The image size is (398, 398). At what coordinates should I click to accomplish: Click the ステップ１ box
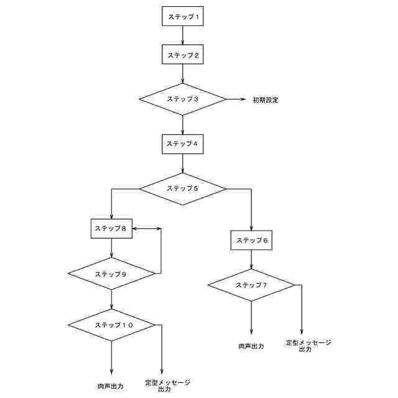[x=182, y=16]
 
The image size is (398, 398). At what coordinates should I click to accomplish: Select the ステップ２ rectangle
[x=182, y=55]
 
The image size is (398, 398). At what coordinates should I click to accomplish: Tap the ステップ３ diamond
[x=182, y=99]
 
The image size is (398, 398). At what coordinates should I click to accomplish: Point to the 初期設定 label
[x=265, y=99]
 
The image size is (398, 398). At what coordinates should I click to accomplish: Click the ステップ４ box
[x=182, y=144]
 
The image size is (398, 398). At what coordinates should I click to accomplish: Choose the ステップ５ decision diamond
[x=182, y=188]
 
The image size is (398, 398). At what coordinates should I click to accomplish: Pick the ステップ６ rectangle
[x=251, y=240]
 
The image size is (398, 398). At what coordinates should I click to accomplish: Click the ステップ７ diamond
[x=251, y=285]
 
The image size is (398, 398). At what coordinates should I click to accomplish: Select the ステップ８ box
[x=111, y=229]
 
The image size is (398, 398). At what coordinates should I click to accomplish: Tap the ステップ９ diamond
[x=111, y=274]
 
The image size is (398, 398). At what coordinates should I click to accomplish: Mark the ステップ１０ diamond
[x=111, y=325]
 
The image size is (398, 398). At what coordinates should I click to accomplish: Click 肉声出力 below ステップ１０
[x=111, y=386]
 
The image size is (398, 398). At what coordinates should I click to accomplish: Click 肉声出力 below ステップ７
[x=251, y=346]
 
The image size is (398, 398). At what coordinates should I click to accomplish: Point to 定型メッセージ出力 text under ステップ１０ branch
[x=167, y=386]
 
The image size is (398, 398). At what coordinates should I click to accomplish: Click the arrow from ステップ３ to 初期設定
[x=236, y=99]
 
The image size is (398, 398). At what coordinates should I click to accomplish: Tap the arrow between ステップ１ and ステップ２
[x=182, y=35]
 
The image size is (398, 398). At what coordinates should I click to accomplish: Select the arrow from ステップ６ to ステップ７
[x=251, y=260]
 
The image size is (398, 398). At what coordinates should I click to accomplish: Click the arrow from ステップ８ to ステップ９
[x=111, y=249]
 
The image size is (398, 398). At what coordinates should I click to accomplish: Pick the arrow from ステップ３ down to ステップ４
[x=182, y=125]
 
